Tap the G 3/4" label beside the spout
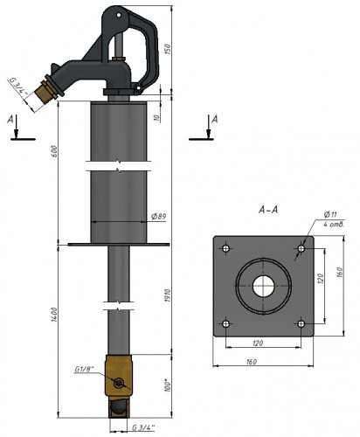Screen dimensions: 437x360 19,87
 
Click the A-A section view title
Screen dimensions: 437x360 269,211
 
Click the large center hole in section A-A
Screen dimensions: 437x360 265,286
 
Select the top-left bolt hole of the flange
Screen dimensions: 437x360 227,249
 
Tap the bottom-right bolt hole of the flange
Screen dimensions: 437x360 301,323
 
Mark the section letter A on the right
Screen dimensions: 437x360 214,117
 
